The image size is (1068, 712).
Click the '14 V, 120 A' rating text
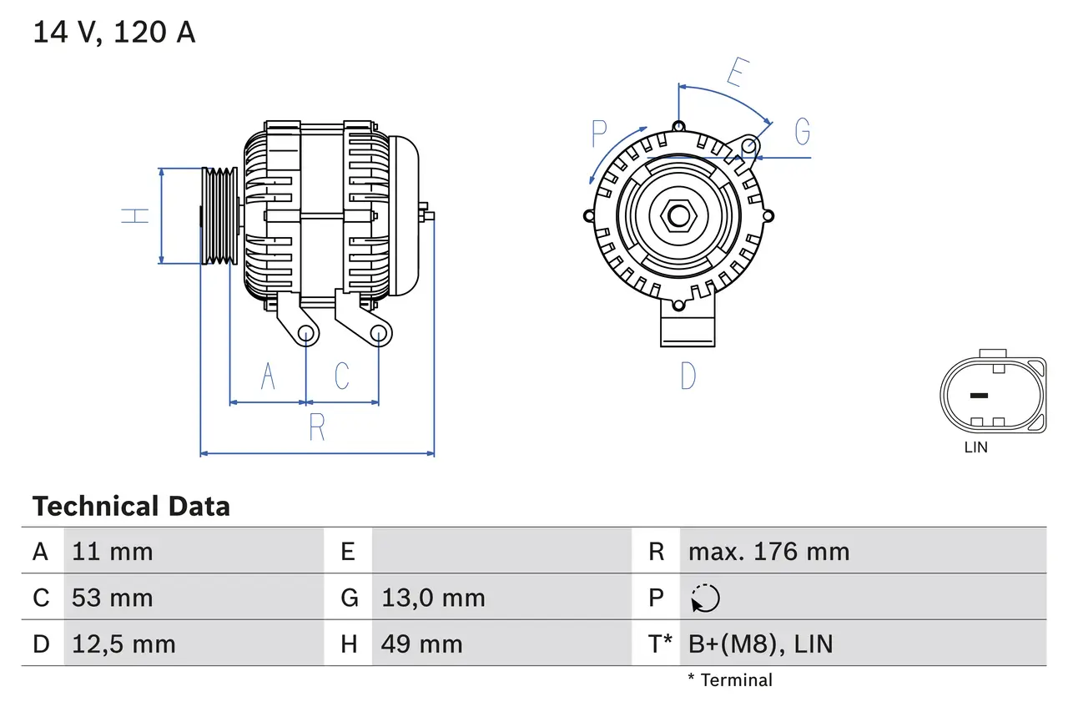click(x=114, y=33)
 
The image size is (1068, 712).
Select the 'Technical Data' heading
click(x=131, y=507)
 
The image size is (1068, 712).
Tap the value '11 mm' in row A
click(x=113, y=551)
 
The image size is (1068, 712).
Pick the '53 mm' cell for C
click(x=113, y=598)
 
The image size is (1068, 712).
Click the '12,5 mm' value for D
click(x=123, y=644)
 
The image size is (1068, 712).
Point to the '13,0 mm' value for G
click(x=433, y=598)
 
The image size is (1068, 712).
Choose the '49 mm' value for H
click(x=421, y=644)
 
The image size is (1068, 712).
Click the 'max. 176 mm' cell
click(x=768, y=551)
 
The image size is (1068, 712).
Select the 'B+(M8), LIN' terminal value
click(x=760, y=644)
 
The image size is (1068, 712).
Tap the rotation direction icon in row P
click(x=705, y=598)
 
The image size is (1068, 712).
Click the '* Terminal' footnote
click(x=730, y=680)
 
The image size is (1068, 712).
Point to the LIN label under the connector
click(x=975, y=447)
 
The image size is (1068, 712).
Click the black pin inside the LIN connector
click(x=979, y=395)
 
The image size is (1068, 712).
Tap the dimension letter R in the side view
click(x=316, y=427)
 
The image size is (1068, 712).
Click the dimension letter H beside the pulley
click(x=136, y=215)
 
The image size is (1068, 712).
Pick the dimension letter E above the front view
click(x=735, y=73)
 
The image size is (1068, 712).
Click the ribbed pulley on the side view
click(x=219, y=216)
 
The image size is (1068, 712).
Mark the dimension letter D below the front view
click(x=688, y=376)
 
